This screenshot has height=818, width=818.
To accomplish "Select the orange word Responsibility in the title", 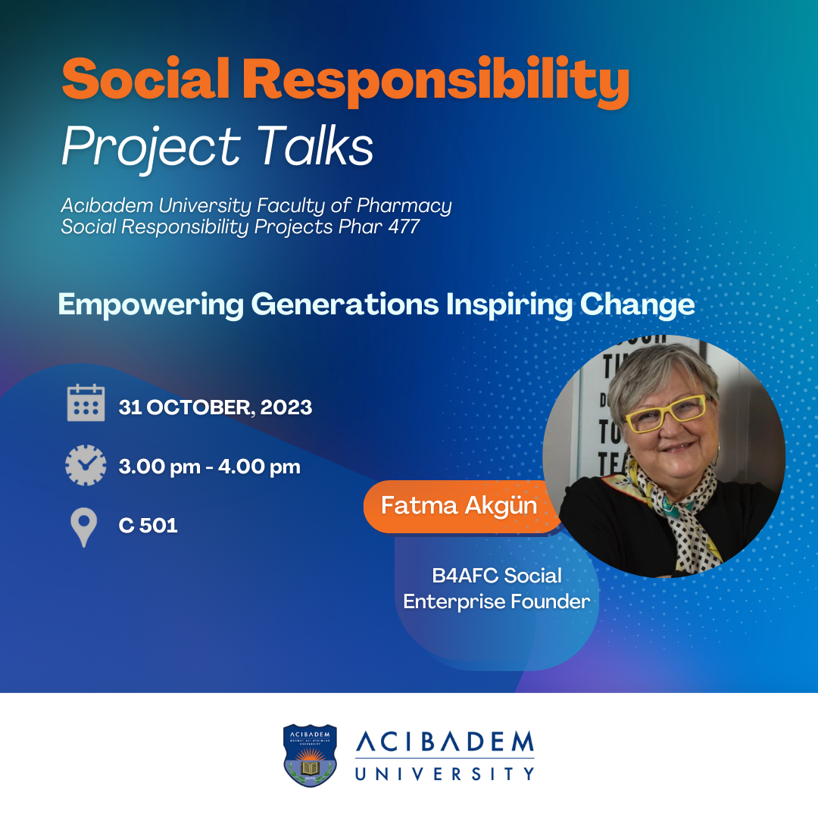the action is pos(436,82).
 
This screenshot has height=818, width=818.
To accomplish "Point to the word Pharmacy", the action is pos(404,206).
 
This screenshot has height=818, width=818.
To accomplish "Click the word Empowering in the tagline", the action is pos(151,304).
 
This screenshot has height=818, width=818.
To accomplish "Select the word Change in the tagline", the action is pos(637,304).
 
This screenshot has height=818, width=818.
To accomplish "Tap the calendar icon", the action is pos(86,402).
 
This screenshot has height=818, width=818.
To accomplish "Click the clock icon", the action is pos(86,465).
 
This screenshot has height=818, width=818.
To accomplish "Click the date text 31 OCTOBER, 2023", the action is pos(215,407).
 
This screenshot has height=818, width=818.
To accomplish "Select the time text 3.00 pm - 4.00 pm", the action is pos(210,467).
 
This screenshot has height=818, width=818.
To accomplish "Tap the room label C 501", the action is pos(148,526).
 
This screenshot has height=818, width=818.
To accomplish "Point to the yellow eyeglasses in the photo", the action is pos(665,414).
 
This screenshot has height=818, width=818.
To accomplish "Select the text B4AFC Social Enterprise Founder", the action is pos(497,589).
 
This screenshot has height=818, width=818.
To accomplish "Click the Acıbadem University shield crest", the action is pos(310,755).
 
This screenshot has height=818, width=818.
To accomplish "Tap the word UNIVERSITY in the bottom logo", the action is pos(445,773).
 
